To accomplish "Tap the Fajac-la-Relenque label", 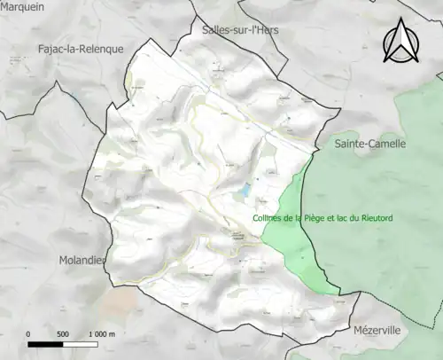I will coord(81,49).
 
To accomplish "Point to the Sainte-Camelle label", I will coord(369,143).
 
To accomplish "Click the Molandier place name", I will coord(82,259).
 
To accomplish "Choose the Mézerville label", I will coord(377,329).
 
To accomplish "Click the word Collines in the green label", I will coord(268,218).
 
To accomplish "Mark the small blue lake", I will coord(244,191).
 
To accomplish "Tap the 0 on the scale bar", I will coord(29,334).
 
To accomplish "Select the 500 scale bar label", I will coord(63,334).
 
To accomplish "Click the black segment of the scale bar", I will coord(46,343).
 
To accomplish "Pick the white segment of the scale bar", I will coord(80,343).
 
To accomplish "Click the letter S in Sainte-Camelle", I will coord(338,143).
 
